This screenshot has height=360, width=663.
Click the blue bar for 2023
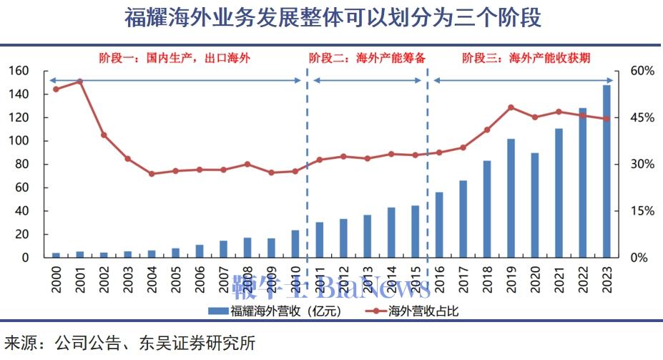pos(606,171)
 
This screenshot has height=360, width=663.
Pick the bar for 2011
pos(319,240)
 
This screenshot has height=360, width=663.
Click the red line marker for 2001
pos(80,82)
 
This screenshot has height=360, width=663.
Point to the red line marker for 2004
pos(152,174)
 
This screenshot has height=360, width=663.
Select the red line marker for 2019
pos(511,107)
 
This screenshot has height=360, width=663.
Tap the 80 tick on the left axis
pos(22,164)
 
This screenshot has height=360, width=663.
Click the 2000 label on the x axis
pos(57,276)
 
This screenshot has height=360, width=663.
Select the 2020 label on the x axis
pos(535,276)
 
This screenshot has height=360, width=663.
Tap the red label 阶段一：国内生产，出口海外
pos(175,58)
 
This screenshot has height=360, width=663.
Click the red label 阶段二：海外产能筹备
pos(368,58)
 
